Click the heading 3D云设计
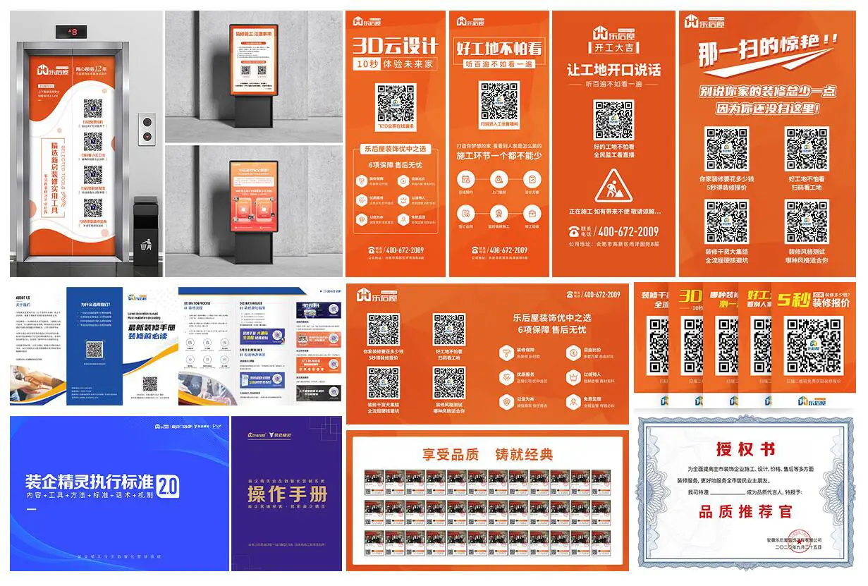(x=395, y=47)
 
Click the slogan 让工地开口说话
(x=614, y=70)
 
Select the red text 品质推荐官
(x=745, y=512)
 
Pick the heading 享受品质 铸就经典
(x=487, y=455)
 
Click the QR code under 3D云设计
(x=395, y=104)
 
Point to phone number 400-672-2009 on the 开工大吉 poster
(x=628, y=231)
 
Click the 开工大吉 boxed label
(x=614, y=47)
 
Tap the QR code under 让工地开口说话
(x=613, y=121)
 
